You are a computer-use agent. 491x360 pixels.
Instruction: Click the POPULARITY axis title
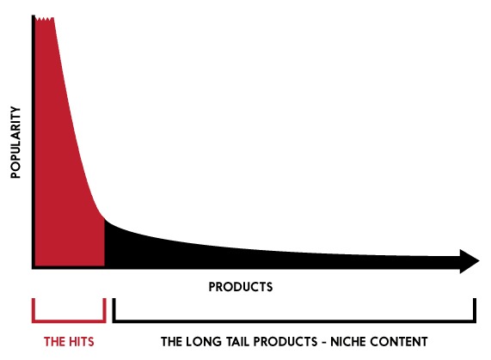tap(15, 143)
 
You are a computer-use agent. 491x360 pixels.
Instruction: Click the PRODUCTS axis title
tap(241, 287)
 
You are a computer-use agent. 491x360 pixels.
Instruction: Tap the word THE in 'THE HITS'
tap(52, 342)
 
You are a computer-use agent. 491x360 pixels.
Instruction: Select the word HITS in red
tap(79, 342)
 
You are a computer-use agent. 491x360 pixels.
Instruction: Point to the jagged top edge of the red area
tap(45, 19)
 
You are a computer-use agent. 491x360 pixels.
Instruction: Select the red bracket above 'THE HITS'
tap(69, 320)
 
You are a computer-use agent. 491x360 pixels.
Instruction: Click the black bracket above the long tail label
tap(294, 320)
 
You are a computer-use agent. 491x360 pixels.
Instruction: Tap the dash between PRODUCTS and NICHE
tap(324, 342)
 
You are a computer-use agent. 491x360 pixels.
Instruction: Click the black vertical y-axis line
tap(34, 141)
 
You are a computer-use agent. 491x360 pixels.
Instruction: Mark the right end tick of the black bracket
tap(475, 309)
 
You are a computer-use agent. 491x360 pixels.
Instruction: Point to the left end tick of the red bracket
tap(33, 309)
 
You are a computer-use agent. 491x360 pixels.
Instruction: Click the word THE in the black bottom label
tap(171, 342)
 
